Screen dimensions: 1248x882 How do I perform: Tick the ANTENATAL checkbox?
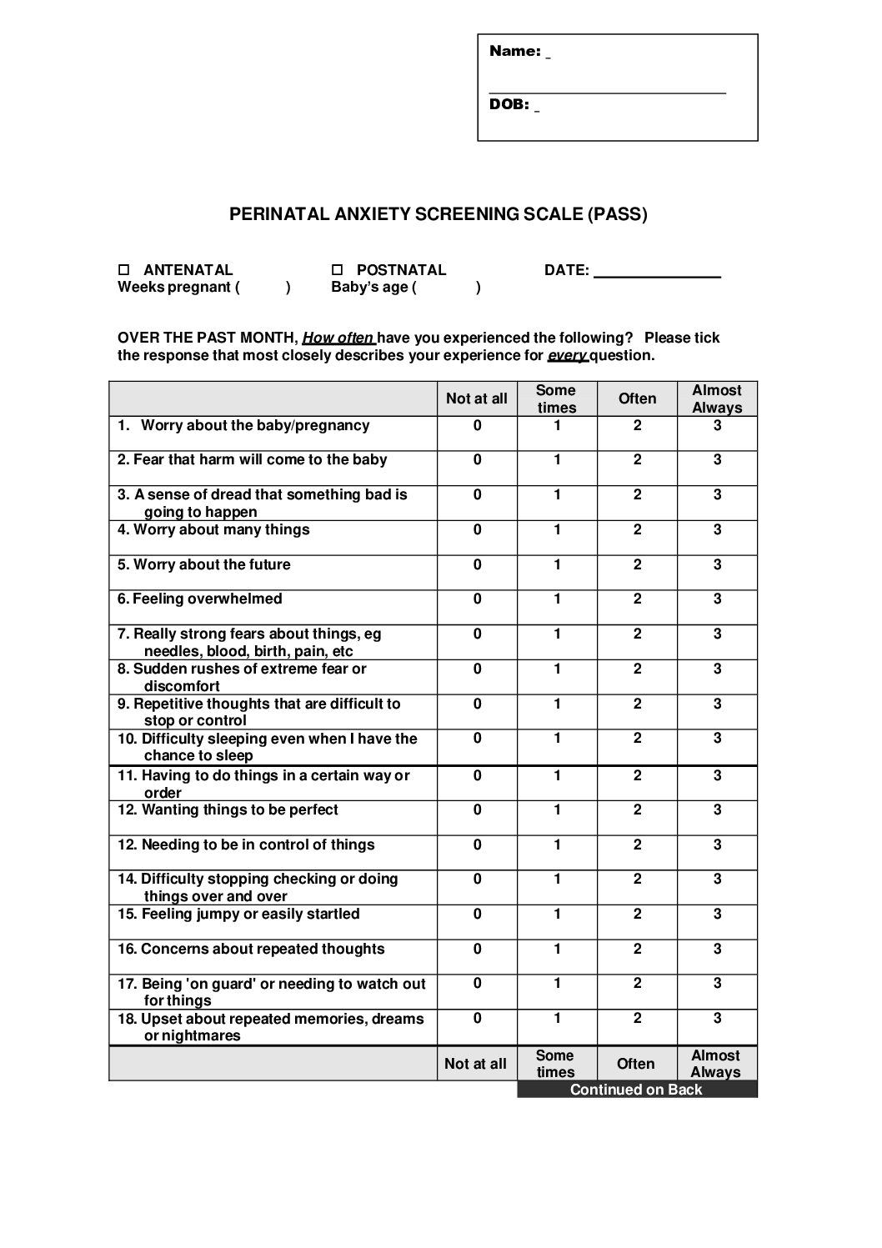click(x=124, y=270)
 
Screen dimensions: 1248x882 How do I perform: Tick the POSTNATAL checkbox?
click(x=338, y=270)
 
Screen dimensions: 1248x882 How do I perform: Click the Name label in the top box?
click(x=515, y=52)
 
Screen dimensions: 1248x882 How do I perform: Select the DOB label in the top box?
click(x=509, y=104)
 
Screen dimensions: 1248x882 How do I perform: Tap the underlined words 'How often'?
click(x=338, y=338)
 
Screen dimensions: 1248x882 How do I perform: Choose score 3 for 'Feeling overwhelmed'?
click(x=717, y=599)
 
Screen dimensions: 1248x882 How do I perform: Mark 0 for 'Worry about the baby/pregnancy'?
click(x=477, y=426)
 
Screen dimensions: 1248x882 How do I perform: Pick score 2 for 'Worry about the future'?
click(x=637, y=564)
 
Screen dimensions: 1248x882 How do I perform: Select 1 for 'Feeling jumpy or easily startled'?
click(x=557, y=915)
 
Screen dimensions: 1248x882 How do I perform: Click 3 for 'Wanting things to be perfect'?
click(x=717, y=810)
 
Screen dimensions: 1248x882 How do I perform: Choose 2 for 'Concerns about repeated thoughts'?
click(x=637, y=950)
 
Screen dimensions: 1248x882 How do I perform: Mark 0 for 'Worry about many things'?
click(x=477, y=530)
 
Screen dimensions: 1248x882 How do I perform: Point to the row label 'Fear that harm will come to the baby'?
click(x=253, y=460)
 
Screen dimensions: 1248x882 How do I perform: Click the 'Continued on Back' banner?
click(x=636, y=1090)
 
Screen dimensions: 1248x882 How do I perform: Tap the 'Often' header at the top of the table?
click(x=637, y=398)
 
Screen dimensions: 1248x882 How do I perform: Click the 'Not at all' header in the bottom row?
click(x=475, y=1064)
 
